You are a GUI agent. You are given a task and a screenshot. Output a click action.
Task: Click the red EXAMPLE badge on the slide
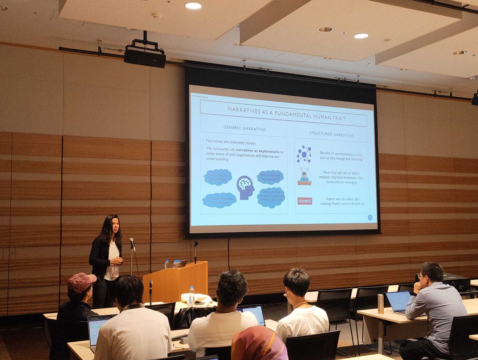[x=305, y=201]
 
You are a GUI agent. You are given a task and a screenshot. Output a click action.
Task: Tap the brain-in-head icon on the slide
[x=245, y=187]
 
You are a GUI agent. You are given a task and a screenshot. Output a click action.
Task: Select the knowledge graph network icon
[x=304, y=154]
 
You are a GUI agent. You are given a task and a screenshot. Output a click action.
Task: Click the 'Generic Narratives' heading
[x=245, y=129]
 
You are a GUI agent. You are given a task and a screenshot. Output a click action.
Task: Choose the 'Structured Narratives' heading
[x=331, y=135]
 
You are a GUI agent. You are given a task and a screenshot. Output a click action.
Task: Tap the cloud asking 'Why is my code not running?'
[x=218, y=177]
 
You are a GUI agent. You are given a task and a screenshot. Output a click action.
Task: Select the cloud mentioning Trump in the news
[x=271, y=198]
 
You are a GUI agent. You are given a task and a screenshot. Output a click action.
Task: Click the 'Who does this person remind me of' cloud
[x=219, y=200]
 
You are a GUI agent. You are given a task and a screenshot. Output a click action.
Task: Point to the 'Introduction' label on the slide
[x=200, y=96]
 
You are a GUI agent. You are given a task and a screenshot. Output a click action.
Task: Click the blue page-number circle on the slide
[x=370, y=217]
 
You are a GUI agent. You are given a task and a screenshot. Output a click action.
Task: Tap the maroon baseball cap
[x=81, y=282]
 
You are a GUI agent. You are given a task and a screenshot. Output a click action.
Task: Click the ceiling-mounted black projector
[x=145, y=56]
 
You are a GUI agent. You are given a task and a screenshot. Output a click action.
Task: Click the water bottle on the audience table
[x=192, y=295]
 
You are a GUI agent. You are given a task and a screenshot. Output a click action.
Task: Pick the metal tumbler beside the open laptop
[x=380, y=304]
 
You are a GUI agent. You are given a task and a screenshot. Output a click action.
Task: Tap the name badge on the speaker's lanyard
[x=115, y=271]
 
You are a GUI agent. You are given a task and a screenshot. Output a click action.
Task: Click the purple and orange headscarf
[x=259, y=344]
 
